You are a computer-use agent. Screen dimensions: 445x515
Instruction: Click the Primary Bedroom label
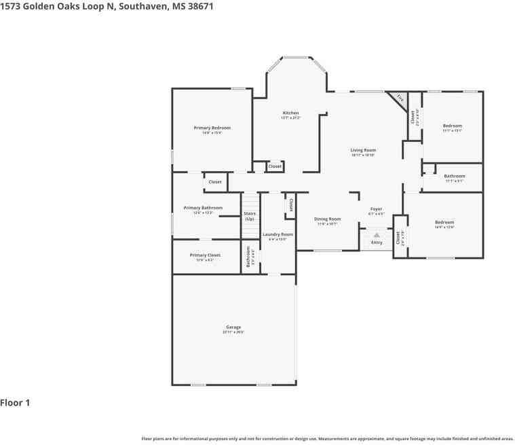click(x=212, y=128)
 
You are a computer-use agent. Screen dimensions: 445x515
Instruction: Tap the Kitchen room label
click(x=290, y=113)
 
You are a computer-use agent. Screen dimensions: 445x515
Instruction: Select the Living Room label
click(x=363, y=150)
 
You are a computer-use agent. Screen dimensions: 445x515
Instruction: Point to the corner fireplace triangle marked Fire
click(x=400, y=99)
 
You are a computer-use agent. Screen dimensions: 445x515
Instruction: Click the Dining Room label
click(x=327, y=219)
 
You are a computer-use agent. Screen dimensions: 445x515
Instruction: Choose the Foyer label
click(x=376, y=209)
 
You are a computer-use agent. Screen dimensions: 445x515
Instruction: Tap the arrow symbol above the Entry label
click(x=377, y=235)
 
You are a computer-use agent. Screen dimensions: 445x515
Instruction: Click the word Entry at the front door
click(x=377, y=243)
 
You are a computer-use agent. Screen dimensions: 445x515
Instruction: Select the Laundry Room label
click(x=278, y=234)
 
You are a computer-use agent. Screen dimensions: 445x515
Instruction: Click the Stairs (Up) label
click(x=250, y=216)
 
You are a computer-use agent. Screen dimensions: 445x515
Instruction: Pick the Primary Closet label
click(x=205, y=255)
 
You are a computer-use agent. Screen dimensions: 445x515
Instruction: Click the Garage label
click(x=233, y=327)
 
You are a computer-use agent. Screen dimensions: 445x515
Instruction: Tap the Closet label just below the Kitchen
click(x=275, y=166)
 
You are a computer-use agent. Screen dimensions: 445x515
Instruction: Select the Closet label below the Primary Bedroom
click(x=215, y=182)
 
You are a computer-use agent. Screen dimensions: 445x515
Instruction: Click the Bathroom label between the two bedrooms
click(x=455, y=176)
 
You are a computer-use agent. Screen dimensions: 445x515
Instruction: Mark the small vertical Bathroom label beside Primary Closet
click(x=248, y=256)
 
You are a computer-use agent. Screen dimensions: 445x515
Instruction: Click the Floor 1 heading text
click(x=15, y=403)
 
